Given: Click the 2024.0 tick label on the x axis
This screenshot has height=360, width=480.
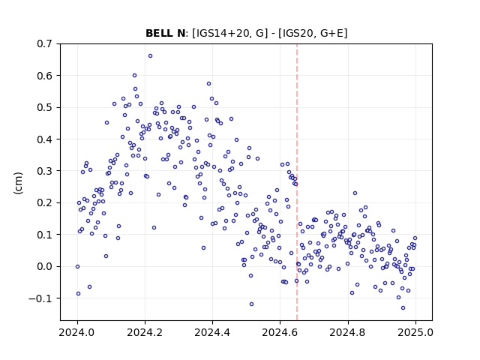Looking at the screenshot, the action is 77,332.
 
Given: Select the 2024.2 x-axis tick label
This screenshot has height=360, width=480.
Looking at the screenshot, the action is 145,332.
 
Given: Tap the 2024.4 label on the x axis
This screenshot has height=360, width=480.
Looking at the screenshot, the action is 212,332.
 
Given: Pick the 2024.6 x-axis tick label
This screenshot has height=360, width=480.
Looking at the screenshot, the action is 280,332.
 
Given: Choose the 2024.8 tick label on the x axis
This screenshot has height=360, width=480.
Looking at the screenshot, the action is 348,332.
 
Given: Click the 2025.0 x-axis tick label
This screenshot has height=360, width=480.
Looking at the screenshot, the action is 415,332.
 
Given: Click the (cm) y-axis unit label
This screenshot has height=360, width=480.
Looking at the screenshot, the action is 18,183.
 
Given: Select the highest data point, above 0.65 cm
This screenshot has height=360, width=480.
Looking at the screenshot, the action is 150,56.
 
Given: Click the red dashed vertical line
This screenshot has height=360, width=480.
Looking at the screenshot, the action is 297,182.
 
